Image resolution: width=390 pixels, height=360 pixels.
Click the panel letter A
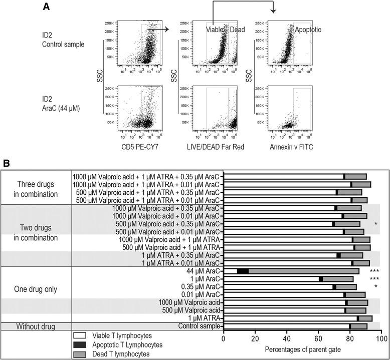[x=46, y=7]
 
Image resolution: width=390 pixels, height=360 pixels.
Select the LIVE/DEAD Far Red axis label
[x=215, y=146]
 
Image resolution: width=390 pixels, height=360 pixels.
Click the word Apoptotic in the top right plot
[x=307, y=30]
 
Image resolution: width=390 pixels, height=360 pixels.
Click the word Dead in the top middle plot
[x=237, y=30]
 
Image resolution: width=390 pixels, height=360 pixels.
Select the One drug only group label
[x=36, y=289]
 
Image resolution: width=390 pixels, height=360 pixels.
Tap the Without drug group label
[x=36, y=326]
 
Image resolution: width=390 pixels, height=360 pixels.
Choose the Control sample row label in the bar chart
[x=200, y=326]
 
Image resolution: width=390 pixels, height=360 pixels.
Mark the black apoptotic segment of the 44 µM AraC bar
[x=243, y=271]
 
